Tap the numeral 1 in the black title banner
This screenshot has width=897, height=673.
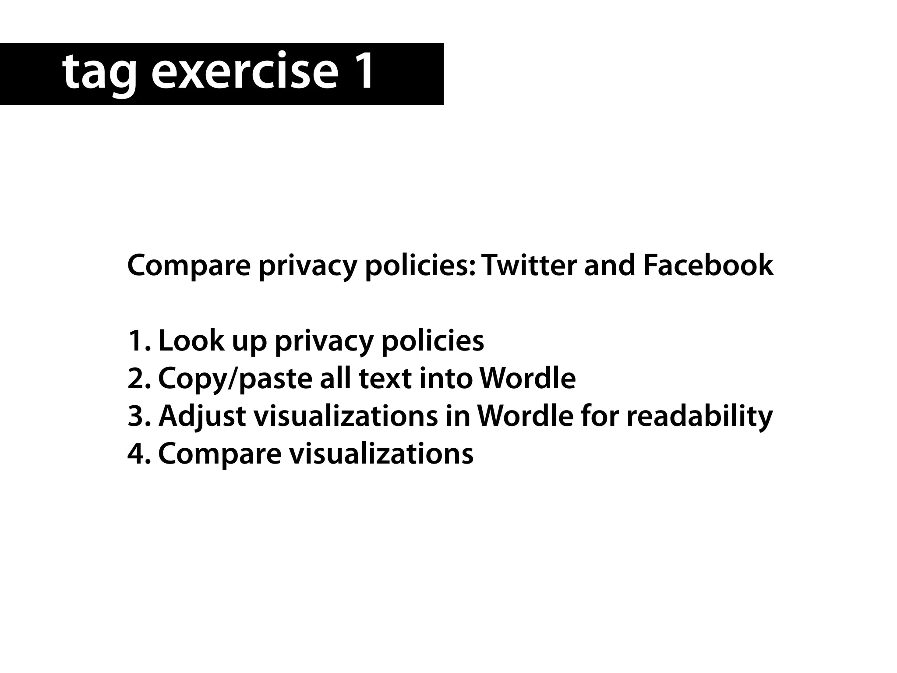(361, 70)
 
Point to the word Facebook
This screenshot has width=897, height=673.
(708, 266)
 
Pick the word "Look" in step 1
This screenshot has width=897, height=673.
(191, 341)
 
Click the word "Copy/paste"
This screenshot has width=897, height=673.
(234, 379)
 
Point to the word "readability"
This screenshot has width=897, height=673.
(699, 416)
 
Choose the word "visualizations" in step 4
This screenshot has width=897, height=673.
(381, 453)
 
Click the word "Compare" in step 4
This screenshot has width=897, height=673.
(219, 454)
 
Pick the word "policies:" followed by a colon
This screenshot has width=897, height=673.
(420, 266)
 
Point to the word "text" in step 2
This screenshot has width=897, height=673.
(385, 379)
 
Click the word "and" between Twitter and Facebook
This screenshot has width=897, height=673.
(609, 266)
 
